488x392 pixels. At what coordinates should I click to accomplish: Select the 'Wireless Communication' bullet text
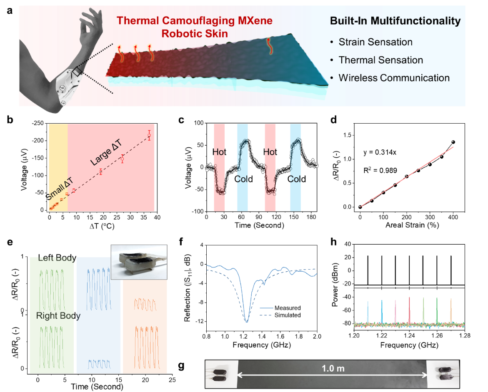(x=394, y=78)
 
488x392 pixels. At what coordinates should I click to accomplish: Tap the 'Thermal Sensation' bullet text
(x=380, y=60)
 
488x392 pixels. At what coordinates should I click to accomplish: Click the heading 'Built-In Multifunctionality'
(x=395, y=21)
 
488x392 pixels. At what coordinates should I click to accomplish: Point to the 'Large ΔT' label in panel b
(x=106, y=153)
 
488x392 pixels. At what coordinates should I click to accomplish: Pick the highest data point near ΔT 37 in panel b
(x=149, y=136)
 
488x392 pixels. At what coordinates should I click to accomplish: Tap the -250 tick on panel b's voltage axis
(x=38, y=124)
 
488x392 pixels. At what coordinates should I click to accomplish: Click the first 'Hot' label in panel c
(x=219, y=152)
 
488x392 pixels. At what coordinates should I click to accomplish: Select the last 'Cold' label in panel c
(x=296, y=179)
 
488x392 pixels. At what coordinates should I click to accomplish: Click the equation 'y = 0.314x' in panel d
(x=380, y=152)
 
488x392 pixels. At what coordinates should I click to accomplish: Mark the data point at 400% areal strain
(x=453, y=142)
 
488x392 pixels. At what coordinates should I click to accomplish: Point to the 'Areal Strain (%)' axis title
(x=412, y=225)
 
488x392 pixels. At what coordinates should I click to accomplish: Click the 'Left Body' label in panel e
(x=57, y=258)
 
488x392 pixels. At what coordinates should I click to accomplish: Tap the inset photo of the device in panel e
(x=139, y=262)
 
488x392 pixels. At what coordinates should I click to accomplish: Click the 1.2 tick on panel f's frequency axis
(x=243, y=336)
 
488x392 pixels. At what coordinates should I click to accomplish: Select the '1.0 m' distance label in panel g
(x=333, y=368)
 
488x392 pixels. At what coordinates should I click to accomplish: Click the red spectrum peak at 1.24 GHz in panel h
(x=409, y=310)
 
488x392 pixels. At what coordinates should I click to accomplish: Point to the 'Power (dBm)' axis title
(x=335, y=285)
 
